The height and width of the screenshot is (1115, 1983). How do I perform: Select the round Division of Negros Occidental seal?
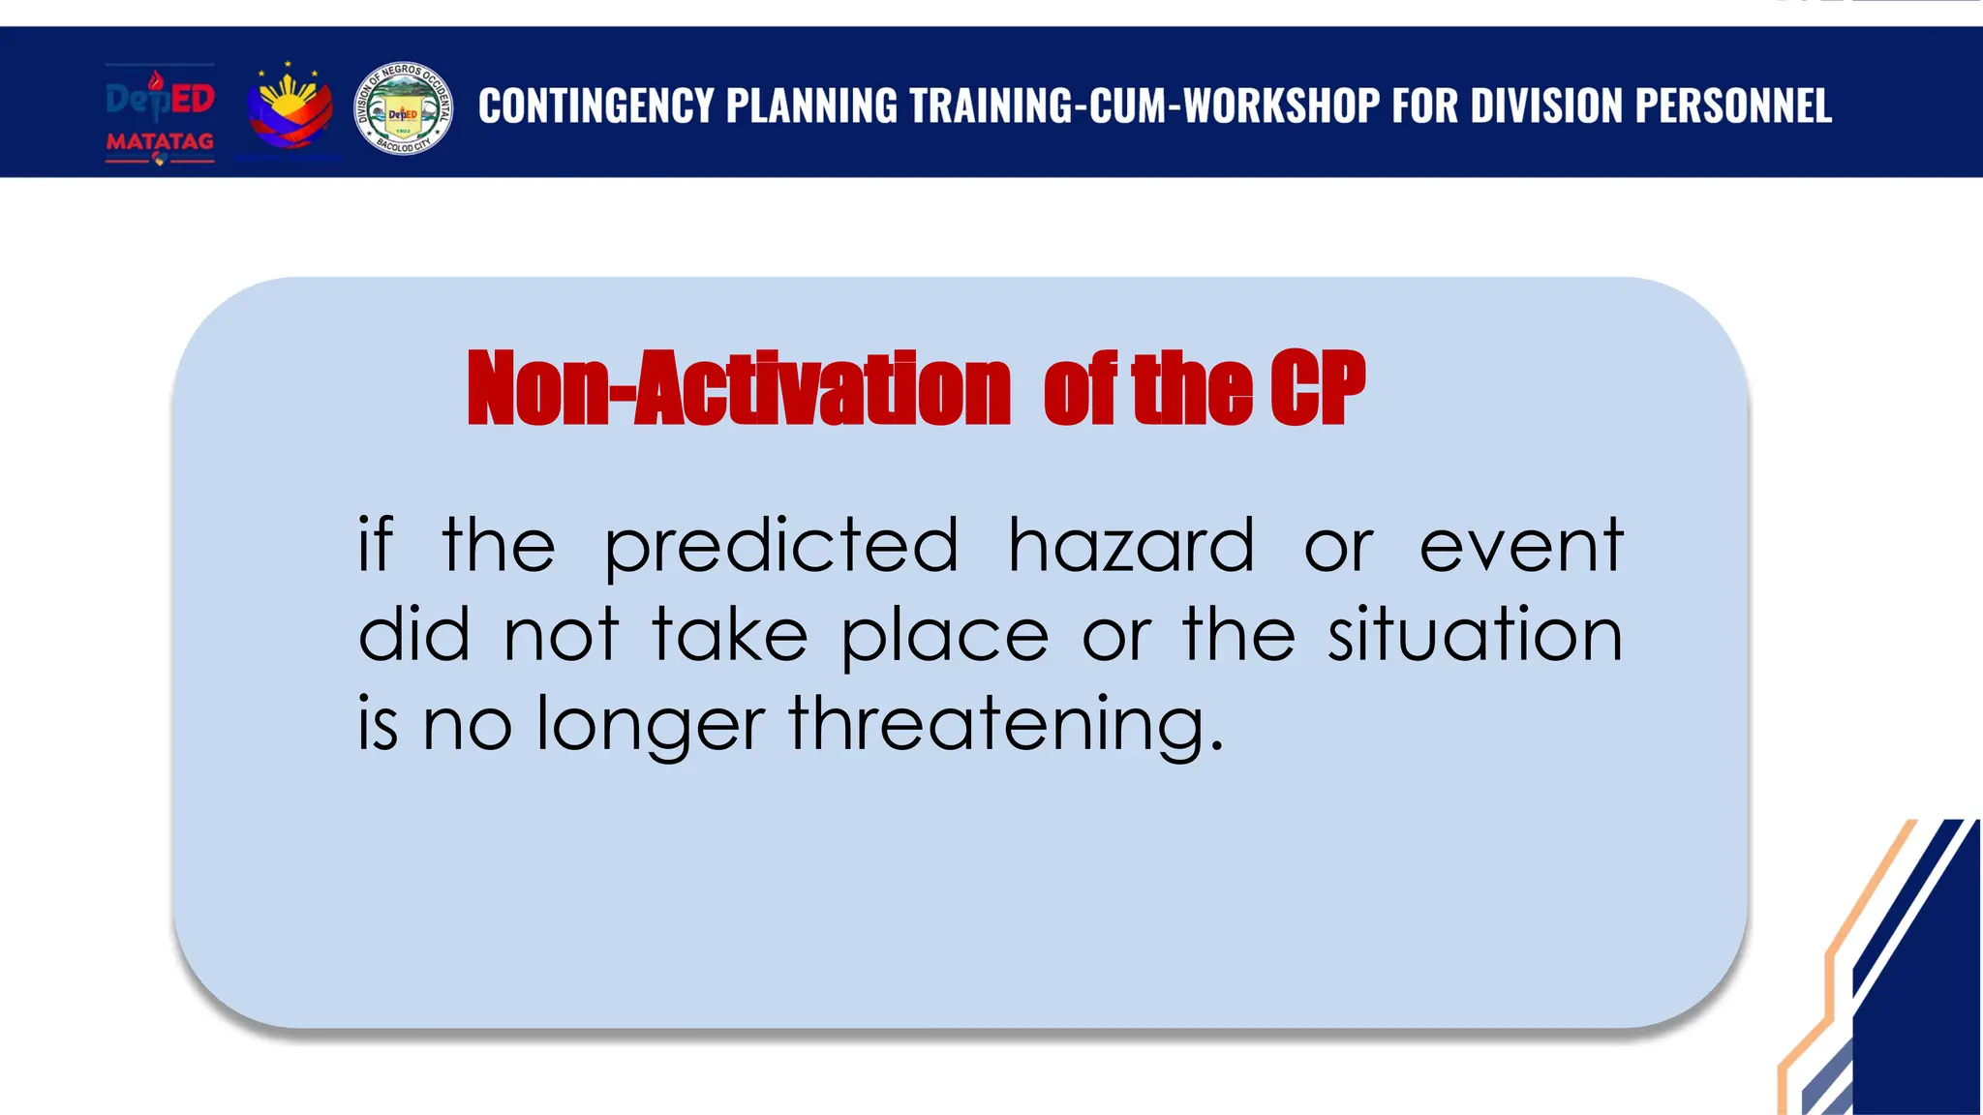click(403, 109)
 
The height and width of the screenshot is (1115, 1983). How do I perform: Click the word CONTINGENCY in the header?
click(595, 105)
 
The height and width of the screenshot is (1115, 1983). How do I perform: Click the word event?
click(1520, 547)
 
